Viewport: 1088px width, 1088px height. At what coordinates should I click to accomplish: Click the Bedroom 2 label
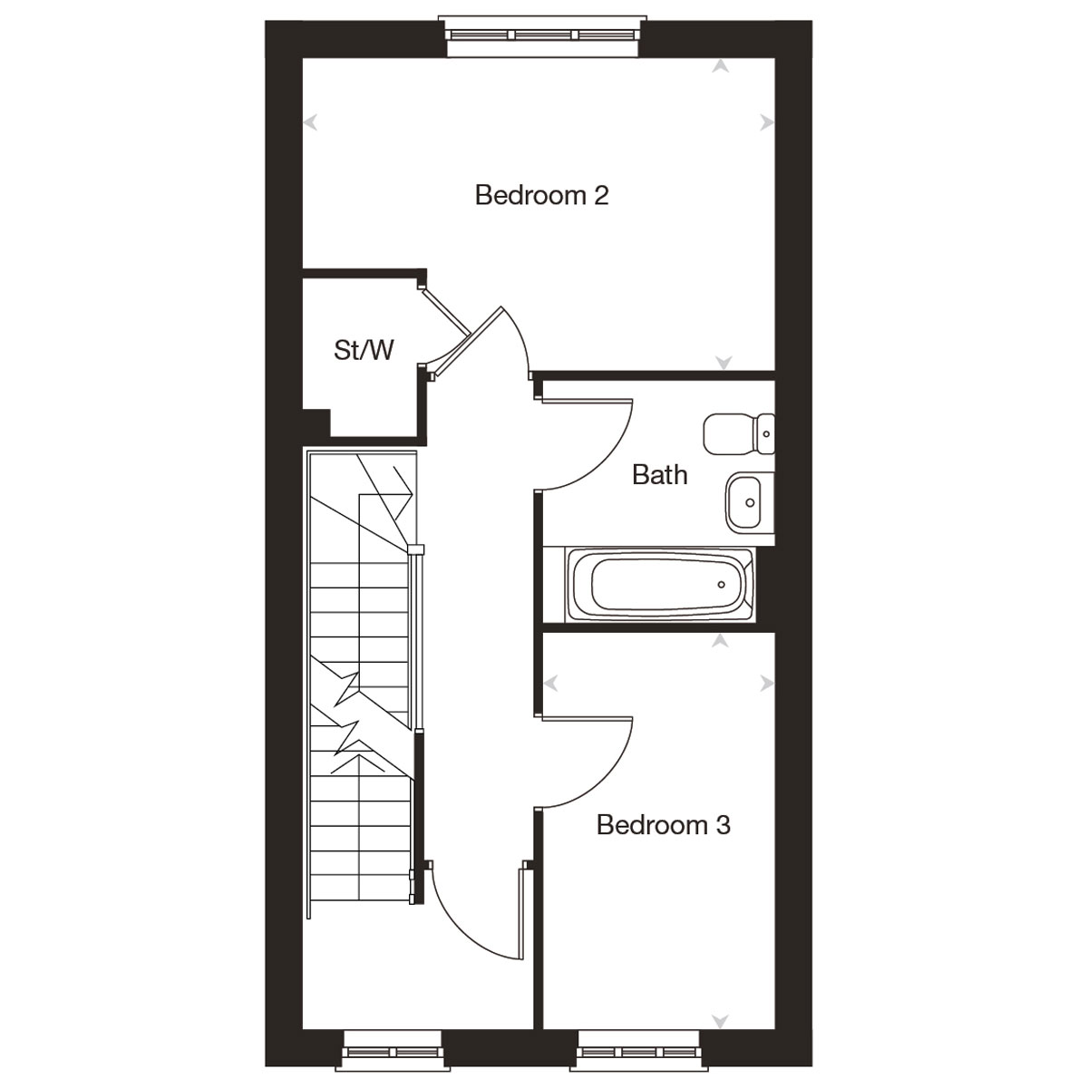pyautogui.click(x=541, y=195)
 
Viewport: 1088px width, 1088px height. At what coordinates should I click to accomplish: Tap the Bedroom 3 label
pyautogui.click(x=663, y=825)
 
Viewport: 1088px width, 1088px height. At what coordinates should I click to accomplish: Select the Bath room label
pyautogui.click(x=659, y=474)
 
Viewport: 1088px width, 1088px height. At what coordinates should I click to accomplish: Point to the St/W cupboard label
pyautogui.click(x=364, y=350)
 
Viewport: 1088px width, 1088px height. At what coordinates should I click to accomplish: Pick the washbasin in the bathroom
pyautogui.click(x=749, y=502)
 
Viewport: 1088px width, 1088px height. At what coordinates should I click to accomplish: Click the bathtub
pyautogui.click(x=659, y=585)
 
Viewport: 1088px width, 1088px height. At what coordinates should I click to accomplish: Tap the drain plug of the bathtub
pyautogui.click(x=722, y=585)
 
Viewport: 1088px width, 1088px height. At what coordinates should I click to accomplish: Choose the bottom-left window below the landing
pyautogui.click(x=392, y=1053)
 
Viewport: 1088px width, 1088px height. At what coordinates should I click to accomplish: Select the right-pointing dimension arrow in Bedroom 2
pyautogui.click(x=767, y=121)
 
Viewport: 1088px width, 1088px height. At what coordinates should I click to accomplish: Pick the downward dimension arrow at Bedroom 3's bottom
pyautogui.click(x=722, y=1021)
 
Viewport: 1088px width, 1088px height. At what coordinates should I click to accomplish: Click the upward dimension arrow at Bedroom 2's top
pyautogui.click(x=722, y=65)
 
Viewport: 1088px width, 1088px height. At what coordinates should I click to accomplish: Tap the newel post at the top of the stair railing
pyautogui.click(x=415, y=549)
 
